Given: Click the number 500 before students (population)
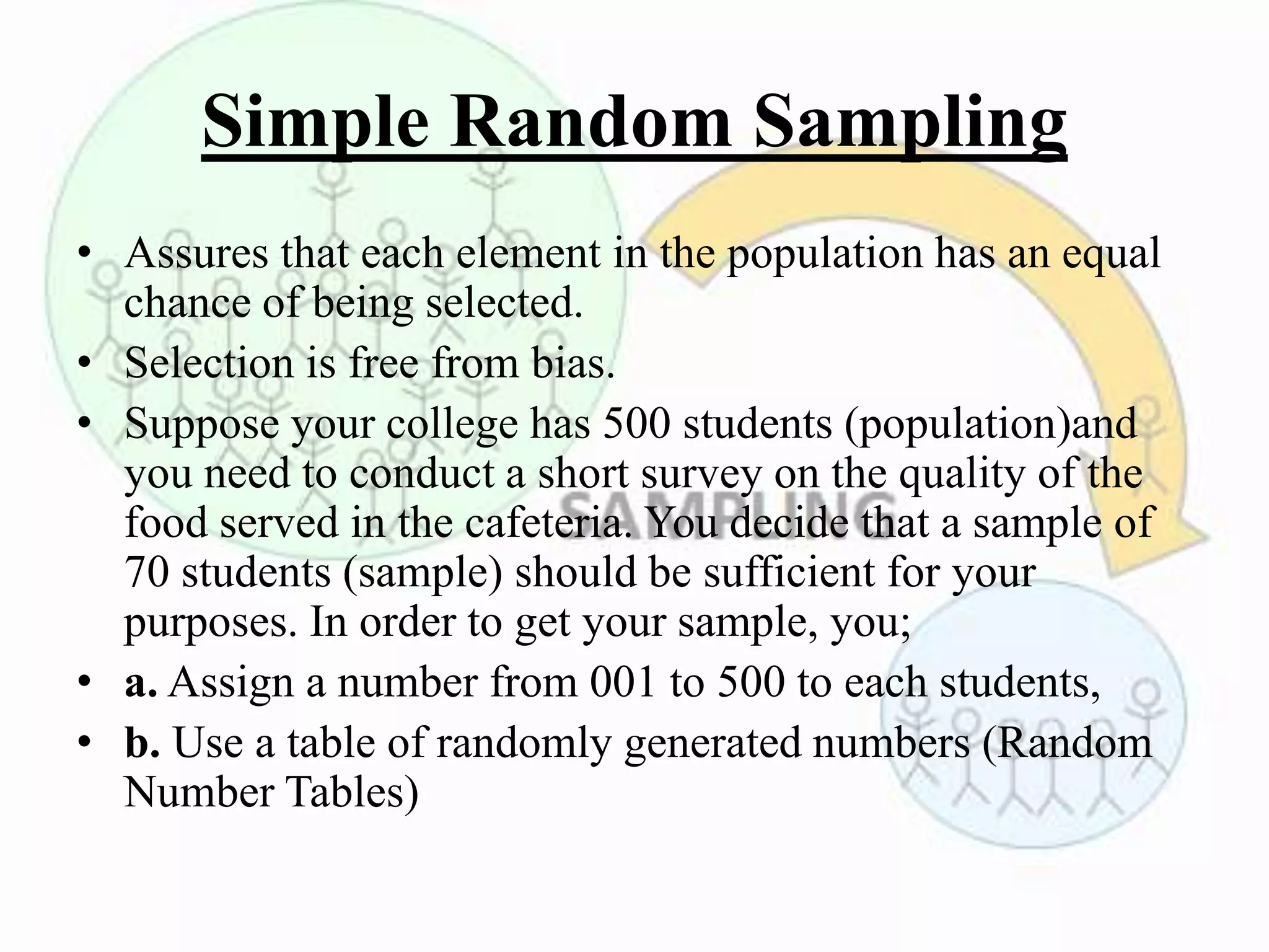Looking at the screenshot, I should pos(636,425).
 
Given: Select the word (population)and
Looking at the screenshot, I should pos(990,425).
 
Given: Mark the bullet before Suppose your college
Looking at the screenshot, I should pos(85,424).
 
